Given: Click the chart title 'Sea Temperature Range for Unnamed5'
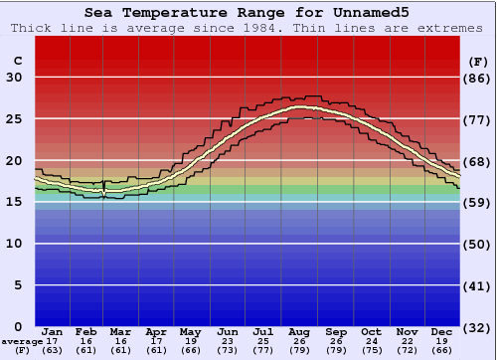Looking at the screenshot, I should click(x=247, y=12).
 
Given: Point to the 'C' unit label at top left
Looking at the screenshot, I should click(x=17, y=61).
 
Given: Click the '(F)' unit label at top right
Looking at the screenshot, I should click(x=478, y=61).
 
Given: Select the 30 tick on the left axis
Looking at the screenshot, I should click(x=15, y=78).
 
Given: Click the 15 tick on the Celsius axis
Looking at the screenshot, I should click(x=15, y=202).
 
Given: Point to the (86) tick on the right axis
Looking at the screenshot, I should click(x=478, y=78).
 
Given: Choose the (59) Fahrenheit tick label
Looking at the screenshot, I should click(x=478, y=202).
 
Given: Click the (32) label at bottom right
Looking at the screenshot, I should click(x=478, y=327).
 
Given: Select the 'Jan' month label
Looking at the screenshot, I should click(x=53, y=331).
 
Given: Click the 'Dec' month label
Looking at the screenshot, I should click(x=442, y=331).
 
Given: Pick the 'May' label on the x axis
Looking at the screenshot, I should click(x=191, y=331).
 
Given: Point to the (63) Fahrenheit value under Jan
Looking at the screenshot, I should click(x=53, y=350).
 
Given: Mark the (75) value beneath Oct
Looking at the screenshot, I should click(x=371, y=350).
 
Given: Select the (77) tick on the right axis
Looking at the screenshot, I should click(x=478, y=119).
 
